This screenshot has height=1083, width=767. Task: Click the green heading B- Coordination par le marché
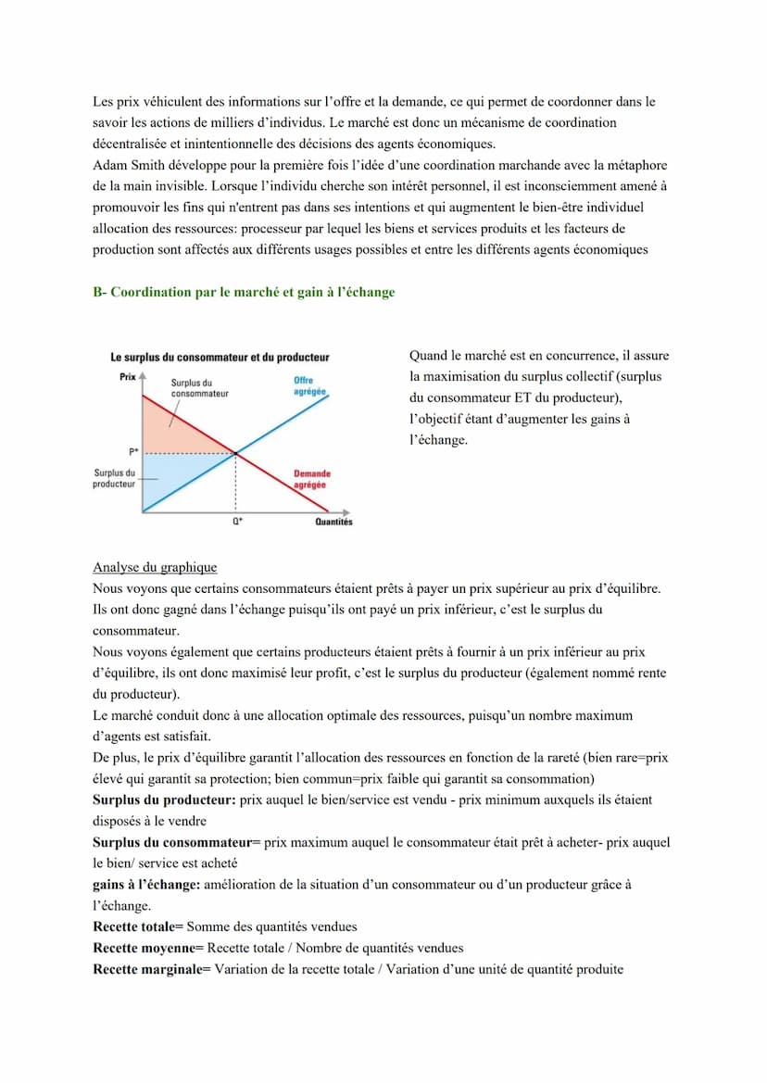pos(244,293)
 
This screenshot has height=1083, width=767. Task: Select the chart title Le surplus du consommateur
pos(220,358)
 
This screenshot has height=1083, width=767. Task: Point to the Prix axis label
pos(128,376)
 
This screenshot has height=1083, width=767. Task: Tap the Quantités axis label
pos(333,522)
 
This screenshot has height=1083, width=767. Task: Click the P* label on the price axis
pos(134,452)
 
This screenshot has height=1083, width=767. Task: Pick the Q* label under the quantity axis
pos(237,522)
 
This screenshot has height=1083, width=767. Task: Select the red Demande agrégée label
pos(311,479)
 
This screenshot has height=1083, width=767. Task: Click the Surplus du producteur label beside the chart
pos(114,478)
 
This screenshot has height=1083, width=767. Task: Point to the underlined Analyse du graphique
pos(155,568)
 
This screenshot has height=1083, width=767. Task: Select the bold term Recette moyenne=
pos(148,948)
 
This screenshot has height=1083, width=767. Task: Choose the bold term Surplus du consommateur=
pos(177,842)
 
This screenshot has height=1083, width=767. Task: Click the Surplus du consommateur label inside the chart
pos(199,388)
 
